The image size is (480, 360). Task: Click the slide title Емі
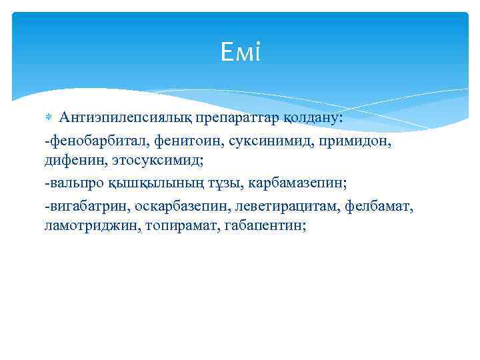click(240, 52)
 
